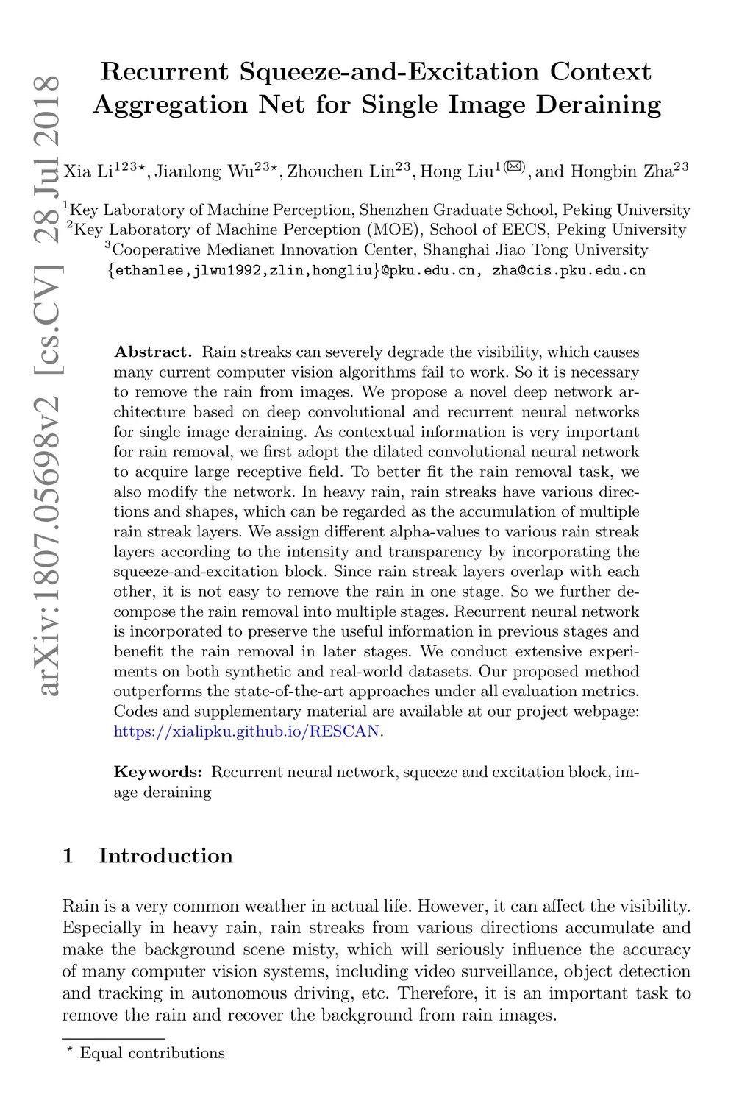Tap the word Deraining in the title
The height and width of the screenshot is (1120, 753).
[x=598, y=104]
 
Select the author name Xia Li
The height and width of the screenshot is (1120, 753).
[x=88, y=172]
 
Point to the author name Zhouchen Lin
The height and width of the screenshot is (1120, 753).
[x=340, y=172]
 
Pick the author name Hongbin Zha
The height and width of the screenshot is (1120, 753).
[x=621, y=172]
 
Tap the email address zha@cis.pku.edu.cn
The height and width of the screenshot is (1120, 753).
[x=568, y=270]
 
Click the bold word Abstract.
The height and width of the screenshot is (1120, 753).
[x=152, y=352]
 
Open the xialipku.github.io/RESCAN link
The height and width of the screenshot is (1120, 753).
[x=247, y=731]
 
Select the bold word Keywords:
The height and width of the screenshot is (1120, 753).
[x=157, y=772]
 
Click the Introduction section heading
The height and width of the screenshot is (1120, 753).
[x=165, y=856]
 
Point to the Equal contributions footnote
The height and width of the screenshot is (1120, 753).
[x=151, y=1053]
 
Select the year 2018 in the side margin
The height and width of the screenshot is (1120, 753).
[x=49, y=110]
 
